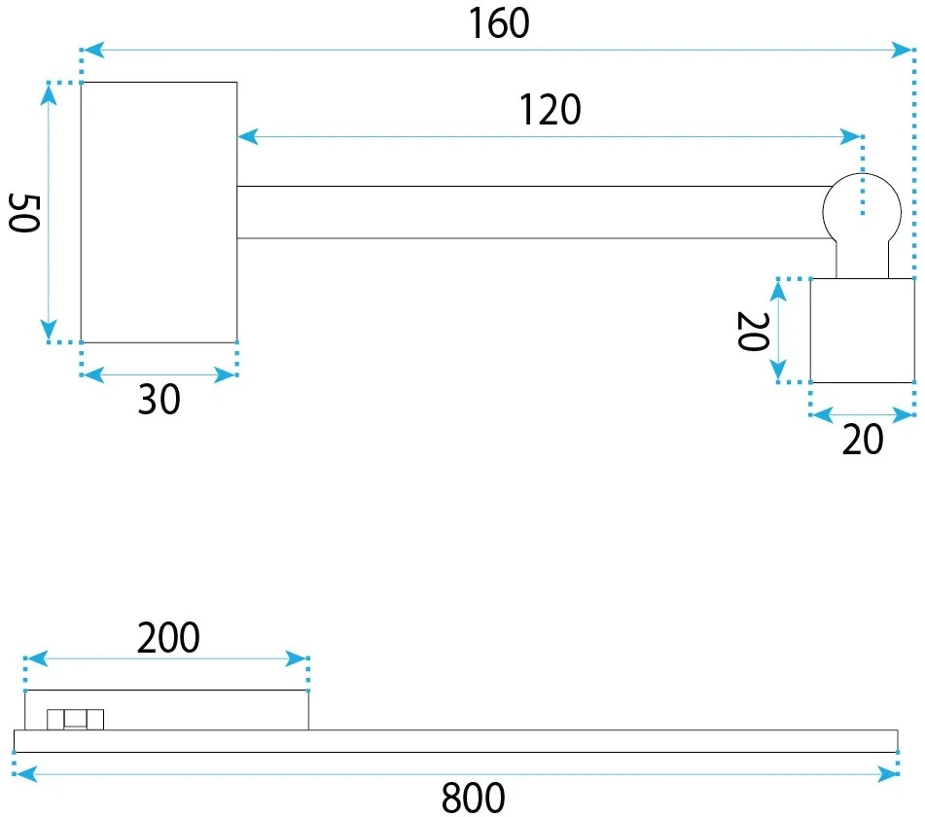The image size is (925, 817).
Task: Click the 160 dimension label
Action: [499, 23]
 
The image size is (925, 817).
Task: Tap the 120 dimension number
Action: [551, 110]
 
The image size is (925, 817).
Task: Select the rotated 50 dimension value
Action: [24, 212]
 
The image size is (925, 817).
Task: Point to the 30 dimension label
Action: [159, 400]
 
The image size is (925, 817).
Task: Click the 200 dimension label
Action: [168, 638]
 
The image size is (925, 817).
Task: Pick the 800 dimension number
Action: [473, 799]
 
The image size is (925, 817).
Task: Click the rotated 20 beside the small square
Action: [754, 332]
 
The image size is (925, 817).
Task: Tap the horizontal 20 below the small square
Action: [863, 440]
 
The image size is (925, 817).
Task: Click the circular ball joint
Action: [862, 211]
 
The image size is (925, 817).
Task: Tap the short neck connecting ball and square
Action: [863, 260]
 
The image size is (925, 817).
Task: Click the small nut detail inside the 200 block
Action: [76, 720]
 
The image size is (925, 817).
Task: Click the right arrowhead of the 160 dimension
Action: [902, 51]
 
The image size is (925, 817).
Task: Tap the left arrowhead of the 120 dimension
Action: [248, 137]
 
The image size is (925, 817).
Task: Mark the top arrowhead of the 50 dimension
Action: [49, 94]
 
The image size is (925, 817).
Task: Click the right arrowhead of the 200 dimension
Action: [296, 658]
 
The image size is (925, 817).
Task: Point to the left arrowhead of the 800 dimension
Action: [25, 774]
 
